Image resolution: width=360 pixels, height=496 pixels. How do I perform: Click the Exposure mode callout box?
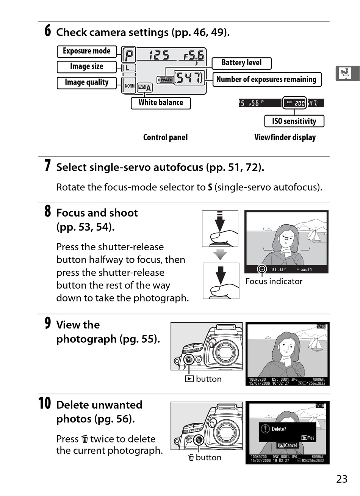click(86, 51)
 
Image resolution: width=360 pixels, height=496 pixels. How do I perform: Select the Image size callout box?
click(86, 67)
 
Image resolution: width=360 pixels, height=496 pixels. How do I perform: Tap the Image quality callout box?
click(86, 83)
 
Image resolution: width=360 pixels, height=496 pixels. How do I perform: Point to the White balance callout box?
click(160, 103)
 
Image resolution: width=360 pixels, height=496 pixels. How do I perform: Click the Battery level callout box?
click(241, 63)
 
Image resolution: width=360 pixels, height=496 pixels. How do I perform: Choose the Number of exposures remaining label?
click(266, 79)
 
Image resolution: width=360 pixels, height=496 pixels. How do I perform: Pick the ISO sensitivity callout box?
click(294, 121)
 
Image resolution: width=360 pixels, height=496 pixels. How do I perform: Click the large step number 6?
click(47, 31)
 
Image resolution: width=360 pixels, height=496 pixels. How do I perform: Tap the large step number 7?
click(47, 166)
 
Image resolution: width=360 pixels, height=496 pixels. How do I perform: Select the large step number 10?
click(44, 403)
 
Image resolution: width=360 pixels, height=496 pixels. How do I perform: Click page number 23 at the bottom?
click(341, 479)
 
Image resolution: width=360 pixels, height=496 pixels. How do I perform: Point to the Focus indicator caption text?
click(274, 281)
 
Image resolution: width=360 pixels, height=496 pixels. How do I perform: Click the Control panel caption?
click(165, 138)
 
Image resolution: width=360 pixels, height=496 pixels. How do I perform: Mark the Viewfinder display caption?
click(285, 138)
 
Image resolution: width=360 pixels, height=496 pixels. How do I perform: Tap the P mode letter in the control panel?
click(129, 56)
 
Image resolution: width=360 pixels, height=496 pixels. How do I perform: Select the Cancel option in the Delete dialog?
click(288, 446)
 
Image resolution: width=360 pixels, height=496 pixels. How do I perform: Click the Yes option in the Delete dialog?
click(308, 438)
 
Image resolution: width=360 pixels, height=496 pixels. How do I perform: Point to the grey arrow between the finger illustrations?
click(220, 254)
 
